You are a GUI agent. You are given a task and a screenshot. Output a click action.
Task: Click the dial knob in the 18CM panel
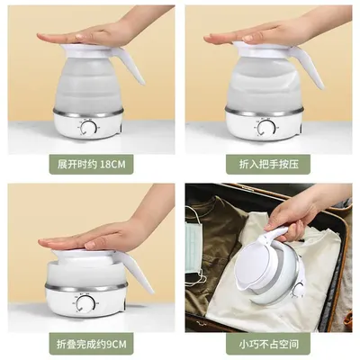click(87, 129)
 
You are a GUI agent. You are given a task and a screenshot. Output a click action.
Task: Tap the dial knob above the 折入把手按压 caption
click(266, 128)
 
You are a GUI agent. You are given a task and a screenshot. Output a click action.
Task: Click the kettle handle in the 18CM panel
click(137, 68)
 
